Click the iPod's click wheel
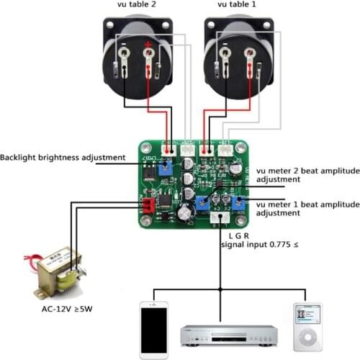coord(307,336)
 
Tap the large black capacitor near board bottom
coord(186,212)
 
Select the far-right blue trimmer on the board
coord(238,202)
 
